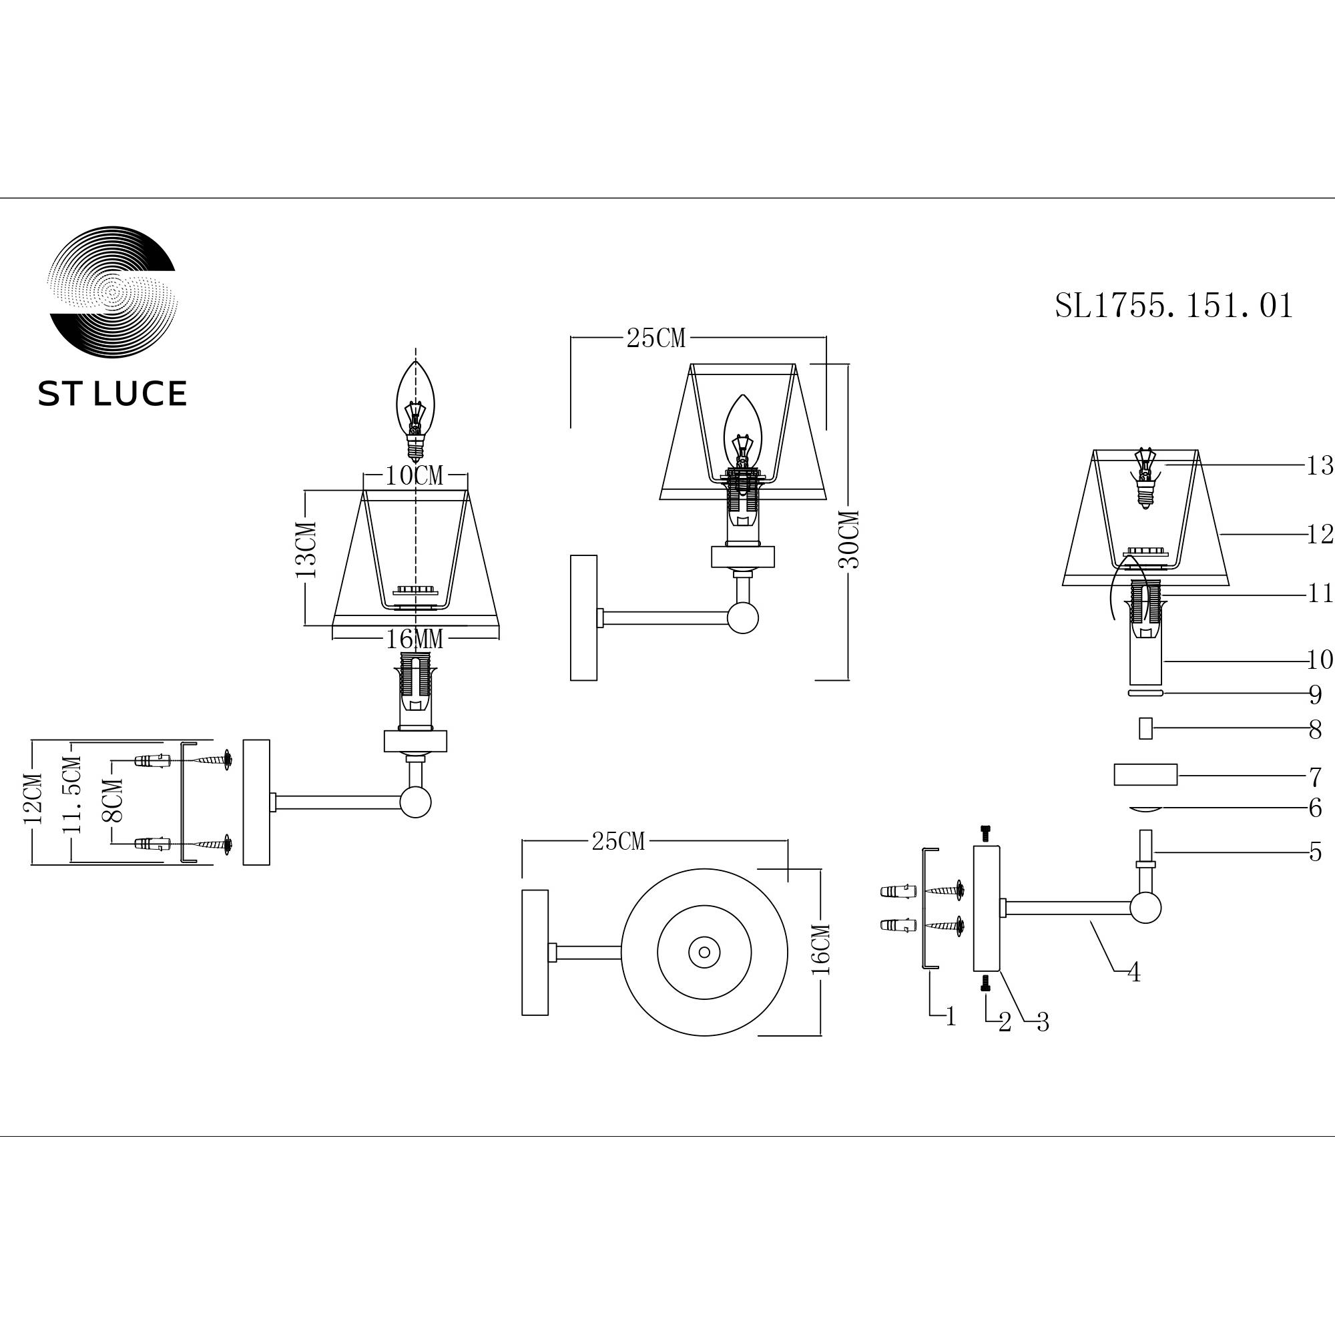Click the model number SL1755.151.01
click(x=1173, y=306)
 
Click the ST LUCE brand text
click(x=112, y=393)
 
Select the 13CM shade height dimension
click(x=306, y=550)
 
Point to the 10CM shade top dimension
click(x=414, y=475)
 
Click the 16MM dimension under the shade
click(x=414, y=639)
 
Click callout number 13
click(x=1318, y=467)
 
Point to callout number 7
click(x=1315, y=778)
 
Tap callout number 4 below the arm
click(x=1133, y=973)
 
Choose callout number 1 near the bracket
click(x=951, y=1016)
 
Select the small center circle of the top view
click(x=704, y=953)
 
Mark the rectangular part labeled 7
click(x=1145, y=774)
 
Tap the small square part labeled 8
click(x=1145, y=728)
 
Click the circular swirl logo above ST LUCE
click(x=112, y=292)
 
